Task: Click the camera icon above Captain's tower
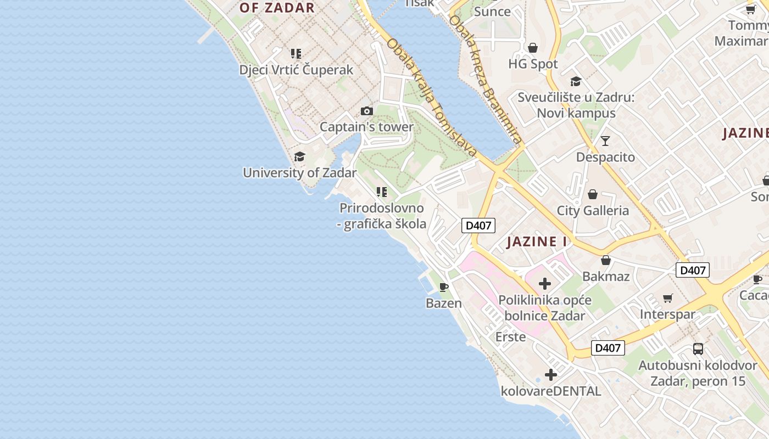(367, 111)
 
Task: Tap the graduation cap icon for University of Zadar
(299, 157)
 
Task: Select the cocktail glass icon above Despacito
(605, 141)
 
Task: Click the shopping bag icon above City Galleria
(593, 194)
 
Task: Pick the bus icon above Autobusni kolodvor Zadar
(698, 348)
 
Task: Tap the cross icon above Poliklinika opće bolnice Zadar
(545, 284)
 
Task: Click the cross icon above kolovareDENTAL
(551, 375)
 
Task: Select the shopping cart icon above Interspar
(668, 298)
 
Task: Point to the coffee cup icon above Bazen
(444, 287)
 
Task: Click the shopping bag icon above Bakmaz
(606, 260)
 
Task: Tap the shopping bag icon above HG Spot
(533, 48)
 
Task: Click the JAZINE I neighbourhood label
(537, 242)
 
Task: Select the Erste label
(510, 336)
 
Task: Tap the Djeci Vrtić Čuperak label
(296, 70)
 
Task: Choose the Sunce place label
(492, 12)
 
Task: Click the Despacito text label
(605, 157)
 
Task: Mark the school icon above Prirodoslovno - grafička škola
(382, 192)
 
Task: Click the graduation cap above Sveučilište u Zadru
(576, 81)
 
